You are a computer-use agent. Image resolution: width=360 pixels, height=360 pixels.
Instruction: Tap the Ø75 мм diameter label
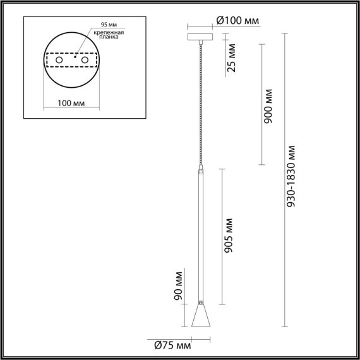click(172, 345)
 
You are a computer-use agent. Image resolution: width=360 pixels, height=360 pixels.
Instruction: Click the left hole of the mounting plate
click(59, 60)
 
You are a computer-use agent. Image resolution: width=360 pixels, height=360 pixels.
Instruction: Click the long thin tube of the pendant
click(201, 234)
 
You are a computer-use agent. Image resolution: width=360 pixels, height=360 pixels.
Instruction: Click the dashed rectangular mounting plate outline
click(71, 52)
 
